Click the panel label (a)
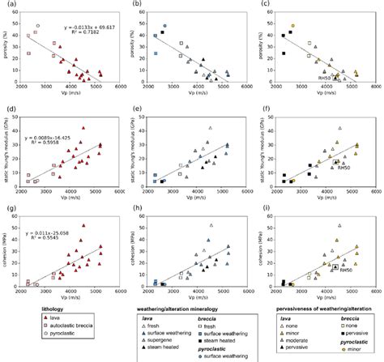pyautogui.click(x=6, y=6)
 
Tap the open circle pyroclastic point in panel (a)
pyautogui.click(x=37, y=26)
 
